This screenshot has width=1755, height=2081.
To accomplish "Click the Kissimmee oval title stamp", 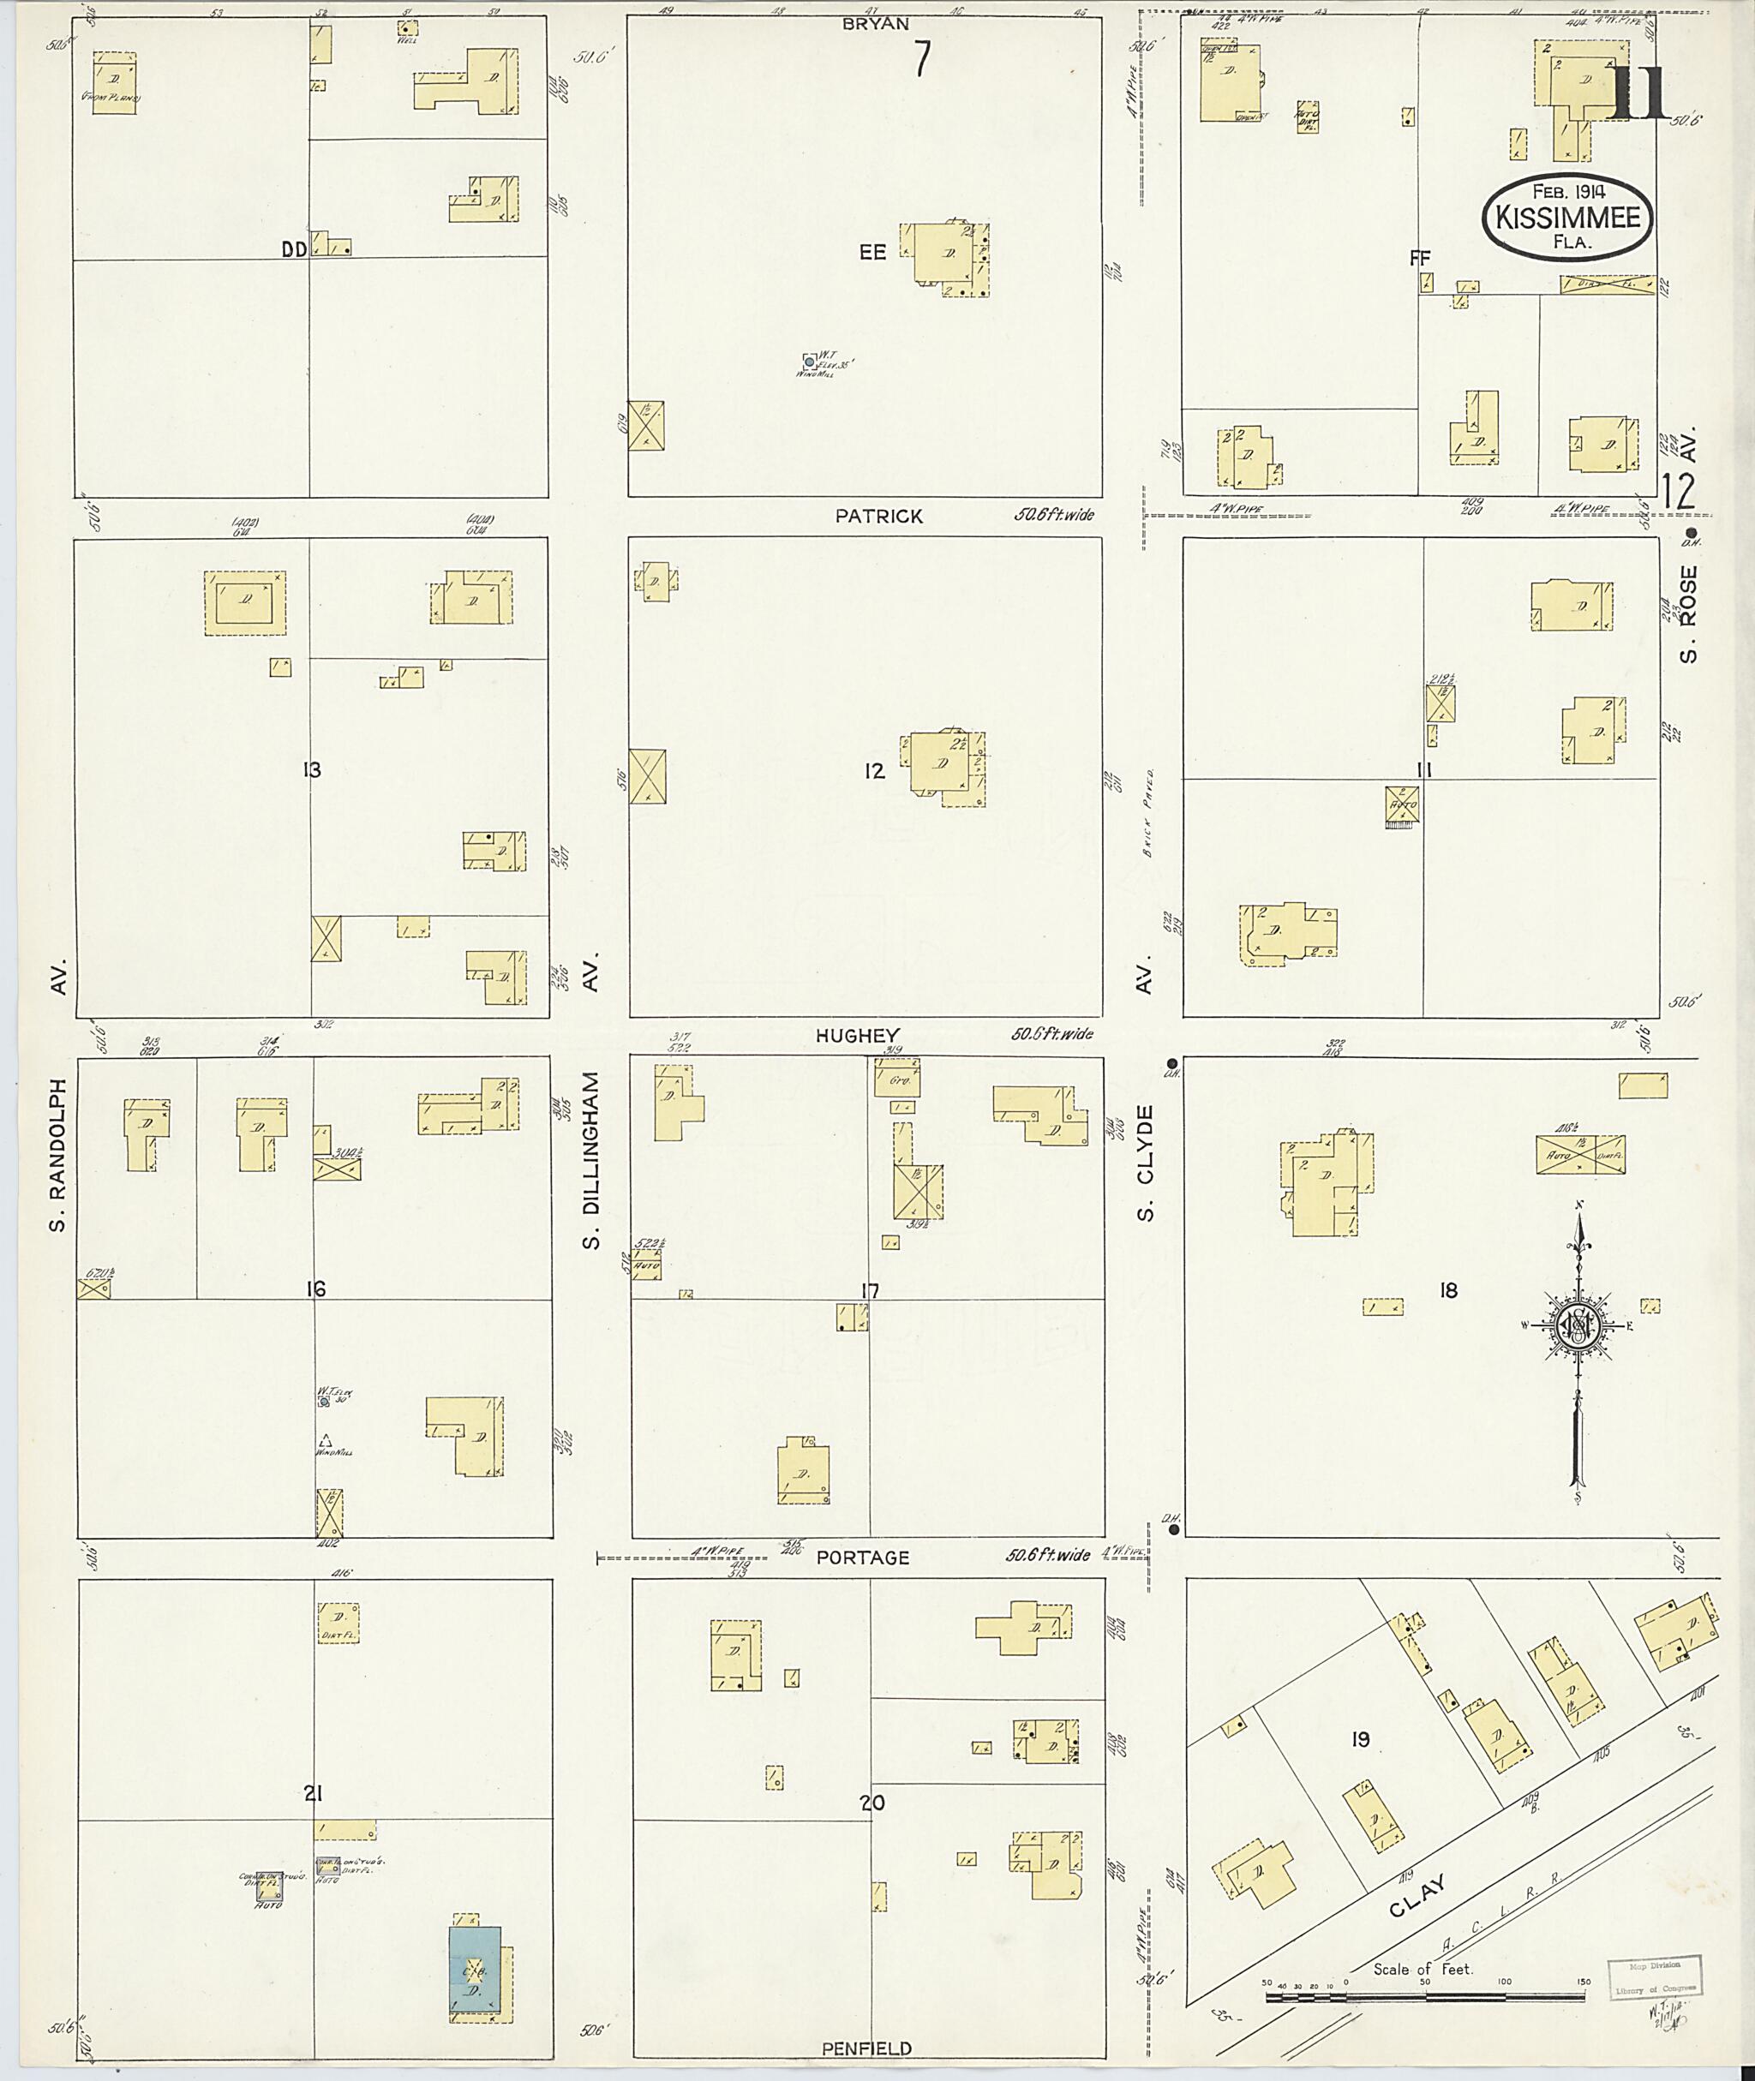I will [x=1569, y=218].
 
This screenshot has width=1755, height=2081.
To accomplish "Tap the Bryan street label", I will [x=876, y=24].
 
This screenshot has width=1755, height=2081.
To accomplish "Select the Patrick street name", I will [x=879, y=517].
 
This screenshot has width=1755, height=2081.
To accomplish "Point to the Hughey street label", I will [x=857, y=1036].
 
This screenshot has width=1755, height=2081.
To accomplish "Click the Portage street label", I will [x=863, y=1558].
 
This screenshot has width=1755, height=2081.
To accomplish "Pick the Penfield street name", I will [x=866, y=2048].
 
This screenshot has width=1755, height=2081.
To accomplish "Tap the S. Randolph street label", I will [x=58, y=1154].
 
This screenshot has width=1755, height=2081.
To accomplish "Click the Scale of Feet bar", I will [x=1425, y=1995].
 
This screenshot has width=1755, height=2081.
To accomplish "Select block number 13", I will [x=313, y=770].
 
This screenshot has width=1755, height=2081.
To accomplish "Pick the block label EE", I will [x=872, y=253].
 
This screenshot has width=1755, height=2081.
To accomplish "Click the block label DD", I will [x=295, y=251].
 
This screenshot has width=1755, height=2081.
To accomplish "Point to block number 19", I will [x=1360, y=1739].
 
